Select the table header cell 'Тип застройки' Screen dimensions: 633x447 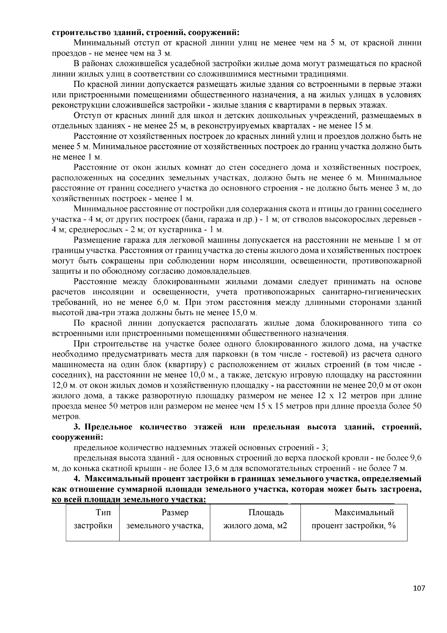pos(93,519)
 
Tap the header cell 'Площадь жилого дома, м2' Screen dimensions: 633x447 pos(255,519)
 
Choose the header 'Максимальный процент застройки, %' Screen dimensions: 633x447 pos(354,519)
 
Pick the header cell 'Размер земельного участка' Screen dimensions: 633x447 pos(165,519)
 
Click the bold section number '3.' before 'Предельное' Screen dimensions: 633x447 pos(77,427)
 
